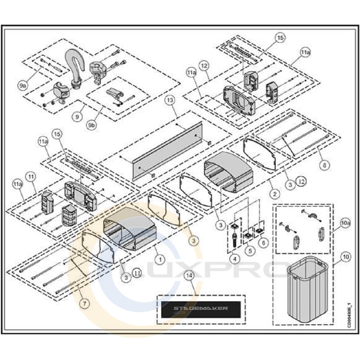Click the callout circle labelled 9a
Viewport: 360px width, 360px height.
23,85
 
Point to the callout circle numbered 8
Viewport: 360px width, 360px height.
324,166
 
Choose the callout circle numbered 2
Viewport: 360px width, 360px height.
275,194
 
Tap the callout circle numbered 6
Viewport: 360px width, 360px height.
263,243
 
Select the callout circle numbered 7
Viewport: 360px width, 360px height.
84,303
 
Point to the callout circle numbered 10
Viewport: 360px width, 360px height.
346,257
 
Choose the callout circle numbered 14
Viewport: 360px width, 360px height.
188,276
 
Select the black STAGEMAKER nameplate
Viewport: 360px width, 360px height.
201,309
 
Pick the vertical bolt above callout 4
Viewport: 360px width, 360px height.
234,239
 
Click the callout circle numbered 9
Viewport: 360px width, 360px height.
76,117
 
